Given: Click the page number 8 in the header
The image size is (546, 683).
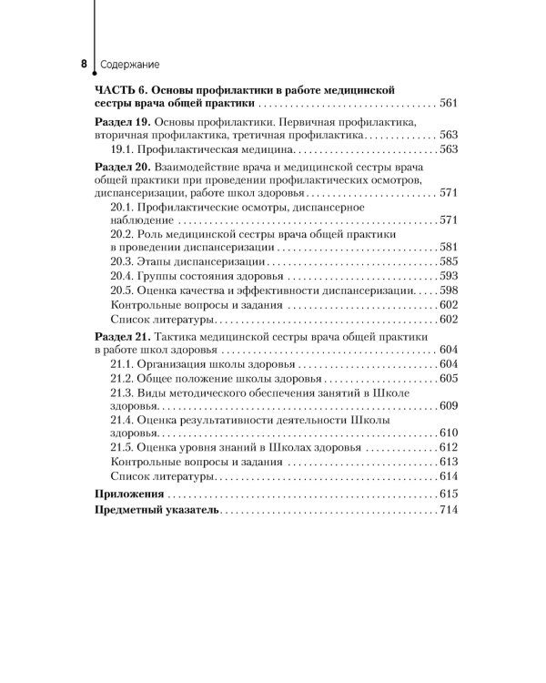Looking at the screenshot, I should [x=84, y=65].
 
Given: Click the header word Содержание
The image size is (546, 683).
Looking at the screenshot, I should [x=126, y=66].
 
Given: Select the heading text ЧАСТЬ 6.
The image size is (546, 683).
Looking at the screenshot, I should [x=119, y=89].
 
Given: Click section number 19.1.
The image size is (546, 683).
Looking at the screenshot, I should [x=122, y=148].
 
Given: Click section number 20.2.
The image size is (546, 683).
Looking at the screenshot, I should [x=122, y=233].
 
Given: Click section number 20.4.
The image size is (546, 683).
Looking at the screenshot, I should [x=122, y=275].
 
